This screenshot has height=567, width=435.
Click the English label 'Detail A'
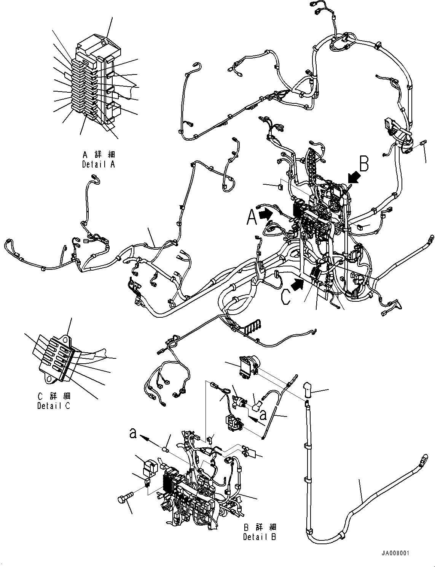coord(98,164)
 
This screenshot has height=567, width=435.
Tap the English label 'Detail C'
coord(54,406)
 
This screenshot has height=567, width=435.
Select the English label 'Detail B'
coord(260,537)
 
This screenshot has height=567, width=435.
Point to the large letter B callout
coord(364,164)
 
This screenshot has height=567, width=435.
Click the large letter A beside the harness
coord(252,218)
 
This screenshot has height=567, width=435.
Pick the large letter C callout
coord(286,298)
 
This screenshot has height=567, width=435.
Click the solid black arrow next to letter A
coord(265,214)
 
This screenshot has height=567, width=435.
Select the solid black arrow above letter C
coord(298,283)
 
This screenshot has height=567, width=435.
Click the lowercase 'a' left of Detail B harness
coord(133,433)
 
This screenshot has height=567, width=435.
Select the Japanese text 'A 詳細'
coord(98,155)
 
